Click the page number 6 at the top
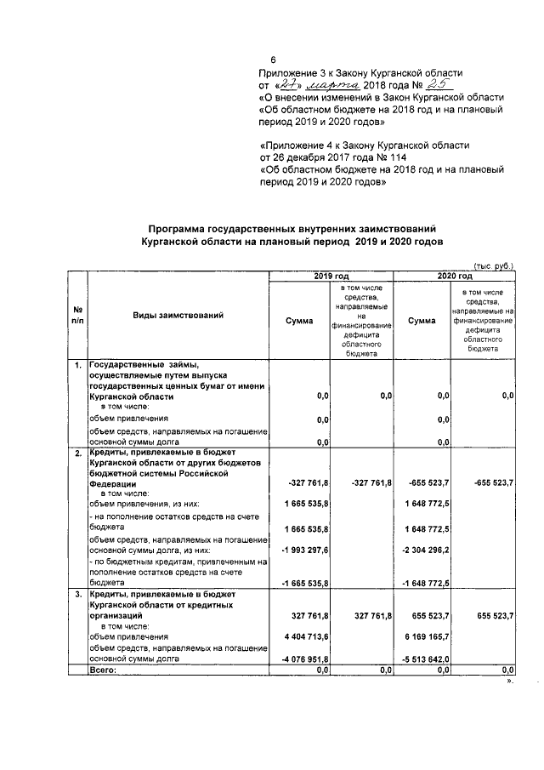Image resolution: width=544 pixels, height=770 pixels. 273,60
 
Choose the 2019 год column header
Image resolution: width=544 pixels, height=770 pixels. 331,277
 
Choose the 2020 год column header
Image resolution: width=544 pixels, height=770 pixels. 454,277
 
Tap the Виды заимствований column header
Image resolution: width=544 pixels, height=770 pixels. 178,317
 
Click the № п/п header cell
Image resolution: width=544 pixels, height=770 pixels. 77,317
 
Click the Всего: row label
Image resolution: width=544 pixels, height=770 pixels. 103,670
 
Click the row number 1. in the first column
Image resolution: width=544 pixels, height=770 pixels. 77,365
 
